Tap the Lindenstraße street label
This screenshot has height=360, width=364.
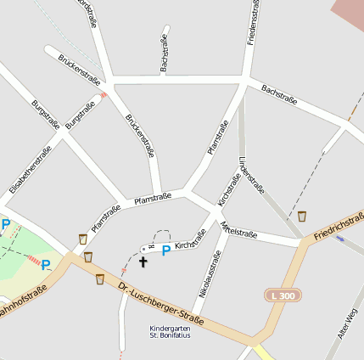pos(251,175)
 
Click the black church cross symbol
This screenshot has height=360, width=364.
pos(143,262)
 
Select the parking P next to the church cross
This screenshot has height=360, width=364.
pos(166,250)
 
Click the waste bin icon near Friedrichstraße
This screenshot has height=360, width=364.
pos(302,217)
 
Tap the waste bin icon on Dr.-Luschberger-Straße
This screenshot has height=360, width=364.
pos(100,278)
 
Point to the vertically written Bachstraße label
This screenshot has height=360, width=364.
pos(164,54)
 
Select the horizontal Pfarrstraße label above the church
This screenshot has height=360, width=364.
pos(153,198)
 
